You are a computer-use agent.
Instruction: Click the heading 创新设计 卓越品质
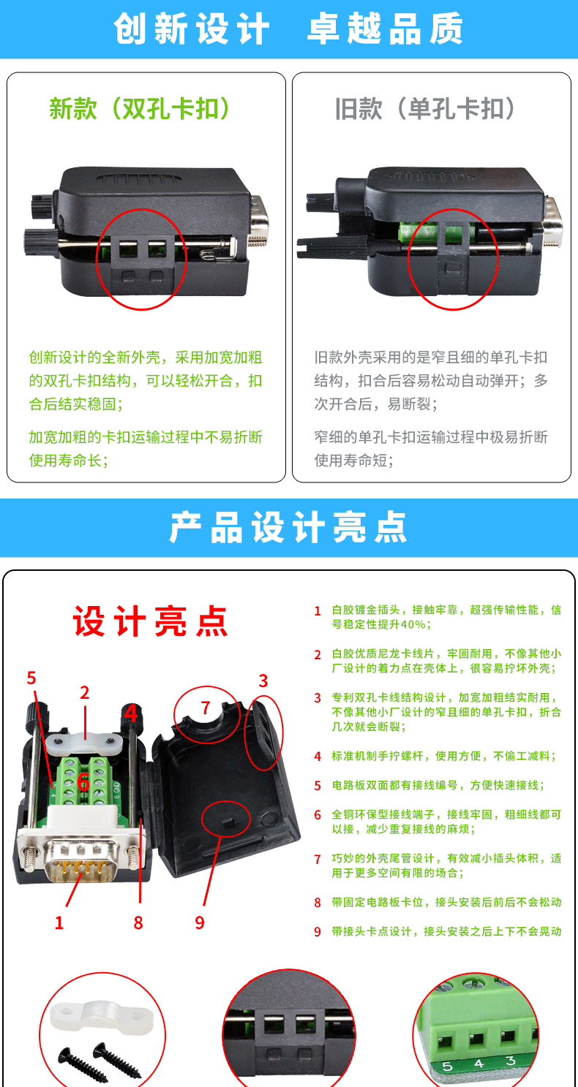(288, 29)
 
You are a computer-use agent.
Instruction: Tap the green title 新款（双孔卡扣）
(140, 108)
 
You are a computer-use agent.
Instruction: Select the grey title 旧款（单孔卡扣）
(425, 108)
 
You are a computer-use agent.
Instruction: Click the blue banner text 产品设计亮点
(288, 528)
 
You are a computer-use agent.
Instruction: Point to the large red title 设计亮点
(151, 621)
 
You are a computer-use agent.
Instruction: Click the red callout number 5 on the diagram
(31, 678)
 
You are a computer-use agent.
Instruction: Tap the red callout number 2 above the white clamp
(85, 692)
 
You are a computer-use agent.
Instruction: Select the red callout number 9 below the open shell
(200, 923)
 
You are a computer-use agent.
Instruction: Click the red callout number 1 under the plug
(59, 923)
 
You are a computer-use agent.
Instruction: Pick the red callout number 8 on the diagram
(138, 923)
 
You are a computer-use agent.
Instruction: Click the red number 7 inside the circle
(206, 708)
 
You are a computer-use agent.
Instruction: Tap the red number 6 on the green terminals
(83, 781)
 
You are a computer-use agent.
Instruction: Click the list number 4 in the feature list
(318, 757)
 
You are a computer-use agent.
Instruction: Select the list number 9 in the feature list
(318, 932)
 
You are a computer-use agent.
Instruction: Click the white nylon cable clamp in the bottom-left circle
(102, 1017)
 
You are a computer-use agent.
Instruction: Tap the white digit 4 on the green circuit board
(479, 1064)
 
